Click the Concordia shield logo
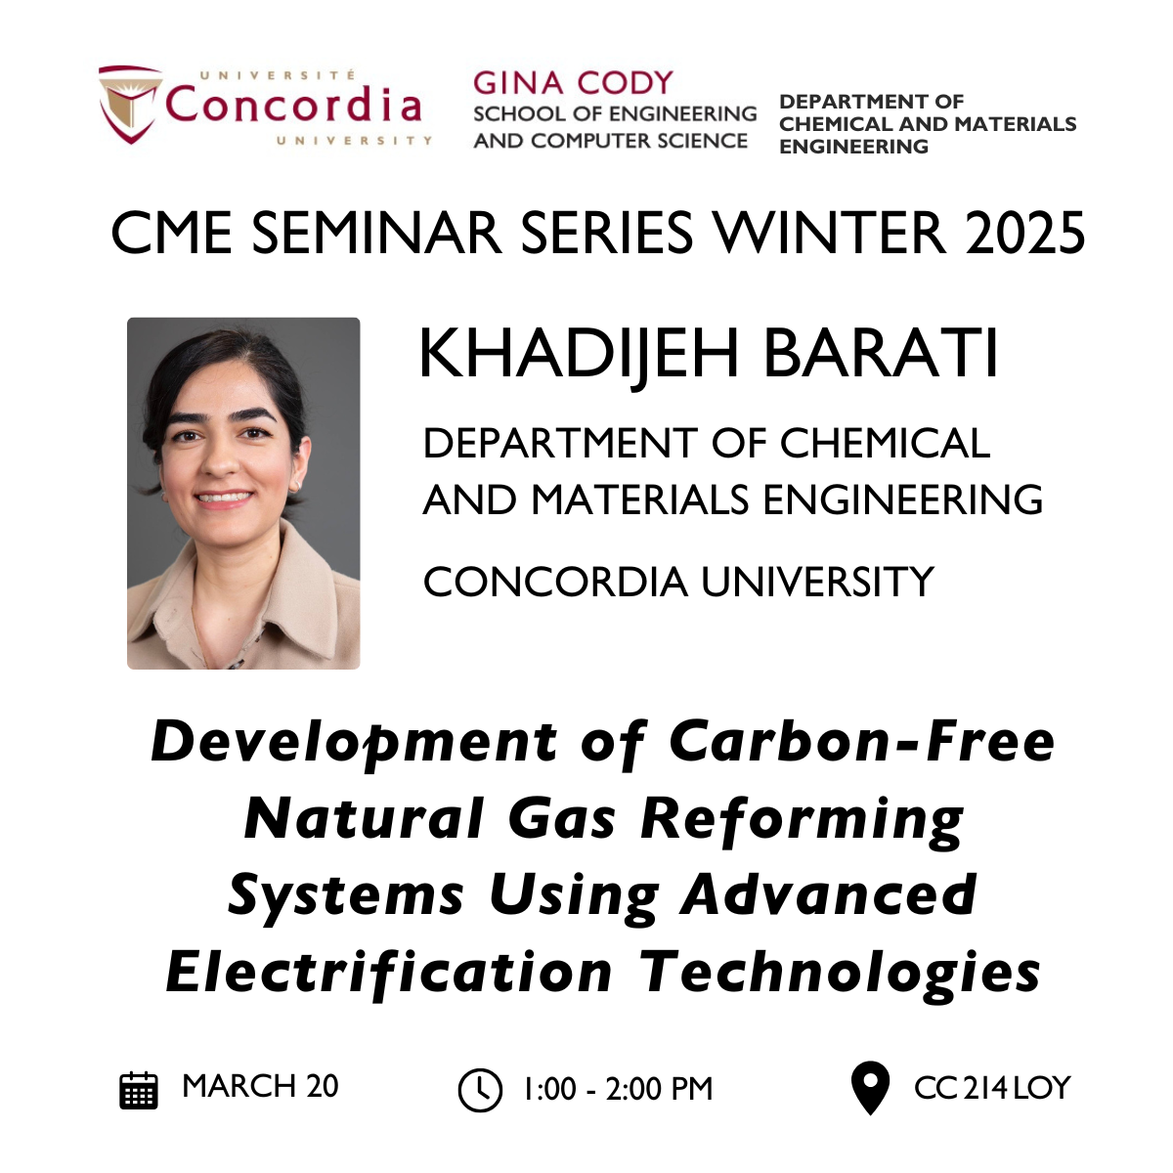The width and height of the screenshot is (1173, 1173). coord(130,104)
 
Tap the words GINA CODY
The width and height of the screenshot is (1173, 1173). coord(573,83)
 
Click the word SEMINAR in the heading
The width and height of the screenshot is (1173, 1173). coord(376,234)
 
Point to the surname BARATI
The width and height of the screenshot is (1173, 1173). coord(881,354)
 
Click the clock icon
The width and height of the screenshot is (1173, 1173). coord(480,1090)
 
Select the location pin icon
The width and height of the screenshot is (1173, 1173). coord(871,1088)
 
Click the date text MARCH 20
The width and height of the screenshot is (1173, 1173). coord(260,1087)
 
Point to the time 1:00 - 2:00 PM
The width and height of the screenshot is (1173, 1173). coord(618,1090)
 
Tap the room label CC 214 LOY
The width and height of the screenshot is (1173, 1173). coord(992,1088)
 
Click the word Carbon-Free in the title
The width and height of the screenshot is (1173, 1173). coord(862,742)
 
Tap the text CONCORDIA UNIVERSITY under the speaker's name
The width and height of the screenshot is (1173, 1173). coord(678,583)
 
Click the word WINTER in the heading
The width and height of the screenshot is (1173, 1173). coord(829,234)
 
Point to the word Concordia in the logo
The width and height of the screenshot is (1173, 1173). coord(293,105)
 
